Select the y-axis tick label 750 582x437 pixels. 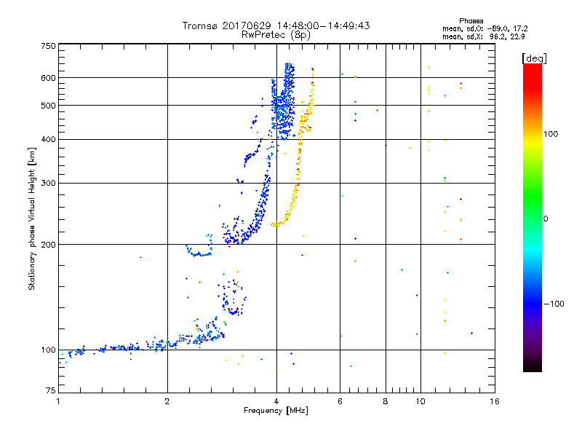click(x=48, y=45)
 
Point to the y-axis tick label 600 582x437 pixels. click(x=48, y=77)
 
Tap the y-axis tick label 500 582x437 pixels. click(x=48, y=106)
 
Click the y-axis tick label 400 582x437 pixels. click(x=48, y=139)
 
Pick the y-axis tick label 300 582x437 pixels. click(x=48, y=183)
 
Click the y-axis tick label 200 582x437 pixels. click(x=48, y=244)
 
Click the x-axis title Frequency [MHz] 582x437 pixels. click(x=276, y=412)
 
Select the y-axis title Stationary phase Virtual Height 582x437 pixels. click(x=32, y=219)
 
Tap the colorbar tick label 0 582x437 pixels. click(x=546, y=219)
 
